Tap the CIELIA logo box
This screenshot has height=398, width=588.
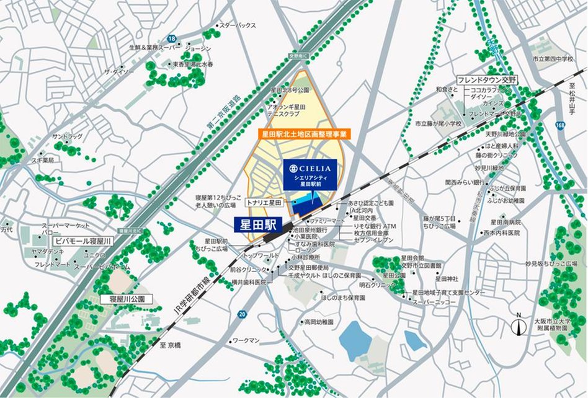308,174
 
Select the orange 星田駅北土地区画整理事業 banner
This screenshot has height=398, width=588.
304,133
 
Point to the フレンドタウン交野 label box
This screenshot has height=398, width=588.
488,80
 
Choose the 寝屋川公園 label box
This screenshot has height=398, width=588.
122,299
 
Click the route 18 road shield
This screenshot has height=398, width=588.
172,38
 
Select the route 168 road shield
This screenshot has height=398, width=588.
560,126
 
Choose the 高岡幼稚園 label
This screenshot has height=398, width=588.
319,322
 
